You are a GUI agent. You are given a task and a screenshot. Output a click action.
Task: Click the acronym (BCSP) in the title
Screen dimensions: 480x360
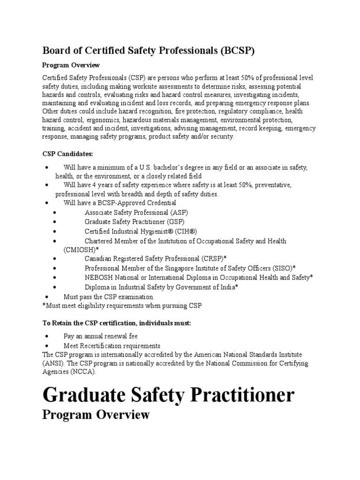pyautogui.click(x=237, y=51)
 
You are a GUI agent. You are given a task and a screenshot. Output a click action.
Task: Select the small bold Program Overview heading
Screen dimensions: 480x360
pyautogui.click(x=71, y=65)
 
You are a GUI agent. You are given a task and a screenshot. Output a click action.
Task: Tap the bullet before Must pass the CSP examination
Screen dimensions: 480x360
pyautogui.click(x=47, y=297)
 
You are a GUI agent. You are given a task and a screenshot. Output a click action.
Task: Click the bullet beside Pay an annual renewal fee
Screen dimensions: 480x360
pyautogui.click(x=47, y=336)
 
